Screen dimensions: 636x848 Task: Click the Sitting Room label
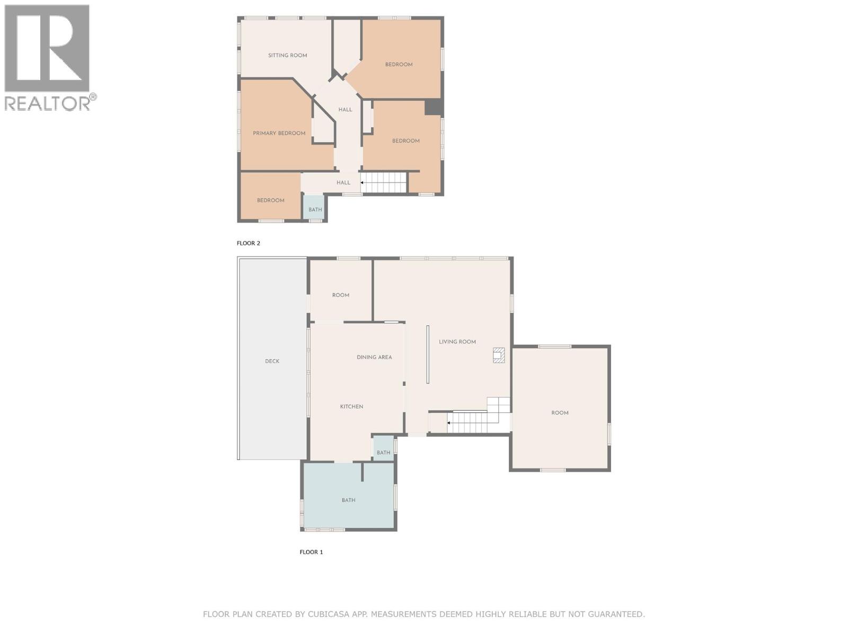287,55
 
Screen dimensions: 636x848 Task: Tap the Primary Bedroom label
279,133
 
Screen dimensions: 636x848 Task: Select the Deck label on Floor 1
272,361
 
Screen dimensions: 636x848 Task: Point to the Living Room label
457,342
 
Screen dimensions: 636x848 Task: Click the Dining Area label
374,357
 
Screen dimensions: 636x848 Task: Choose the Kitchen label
351,407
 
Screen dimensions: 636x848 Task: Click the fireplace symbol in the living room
498,355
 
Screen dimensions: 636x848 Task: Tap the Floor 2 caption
248,243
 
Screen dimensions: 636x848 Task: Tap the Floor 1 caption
311,552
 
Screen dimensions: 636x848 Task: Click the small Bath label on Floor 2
315,210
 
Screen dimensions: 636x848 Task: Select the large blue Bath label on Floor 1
348,500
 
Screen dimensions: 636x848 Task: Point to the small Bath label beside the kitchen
383,453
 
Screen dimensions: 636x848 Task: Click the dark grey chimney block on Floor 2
434,108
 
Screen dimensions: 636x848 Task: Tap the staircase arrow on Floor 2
363,182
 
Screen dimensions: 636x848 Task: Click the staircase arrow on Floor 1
449,423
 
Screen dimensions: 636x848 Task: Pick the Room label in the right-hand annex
560,413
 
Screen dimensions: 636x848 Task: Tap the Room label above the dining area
340,295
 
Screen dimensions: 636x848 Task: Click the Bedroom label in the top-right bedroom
399,65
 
